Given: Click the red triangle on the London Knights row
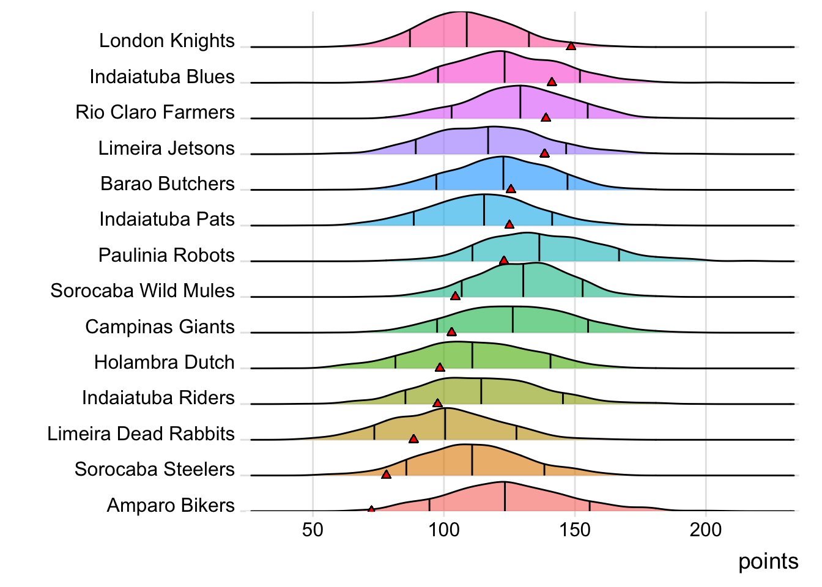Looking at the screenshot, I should [571, 46].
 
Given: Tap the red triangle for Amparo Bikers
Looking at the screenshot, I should [371, 509].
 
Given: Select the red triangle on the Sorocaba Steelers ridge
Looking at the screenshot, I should [386, 474].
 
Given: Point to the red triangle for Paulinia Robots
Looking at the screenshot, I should [503, 260].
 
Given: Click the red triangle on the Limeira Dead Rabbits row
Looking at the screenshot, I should [413, 439].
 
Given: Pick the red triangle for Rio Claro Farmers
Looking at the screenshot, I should [546, 117].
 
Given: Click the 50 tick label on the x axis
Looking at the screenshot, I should [313, 530].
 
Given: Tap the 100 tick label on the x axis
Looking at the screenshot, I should [443, 530].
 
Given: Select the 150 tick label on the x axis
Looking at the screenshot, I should [575, 530].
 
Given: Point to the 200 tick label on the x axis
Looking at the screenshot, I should [706, 530].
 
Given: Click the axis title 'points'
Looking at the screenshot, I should [768, 561].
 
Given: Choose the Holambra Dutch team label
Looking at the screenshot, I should [164, 362].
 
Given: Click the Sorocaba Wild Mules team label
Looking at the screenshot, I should [143, 290].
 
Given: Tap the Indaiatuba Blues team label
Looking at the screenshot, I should [162, 76].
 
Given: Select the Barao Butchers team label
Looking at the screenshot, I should [168, 183].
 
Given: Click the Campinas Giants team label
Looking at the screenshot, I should [160, 327].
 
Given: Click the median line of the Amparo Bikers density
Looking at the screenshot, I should [505, 497].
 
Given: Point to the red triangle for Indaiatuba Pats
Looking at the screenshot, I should [509, 224].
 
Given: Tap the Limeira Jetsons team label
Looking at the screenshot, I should [166, 148].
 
